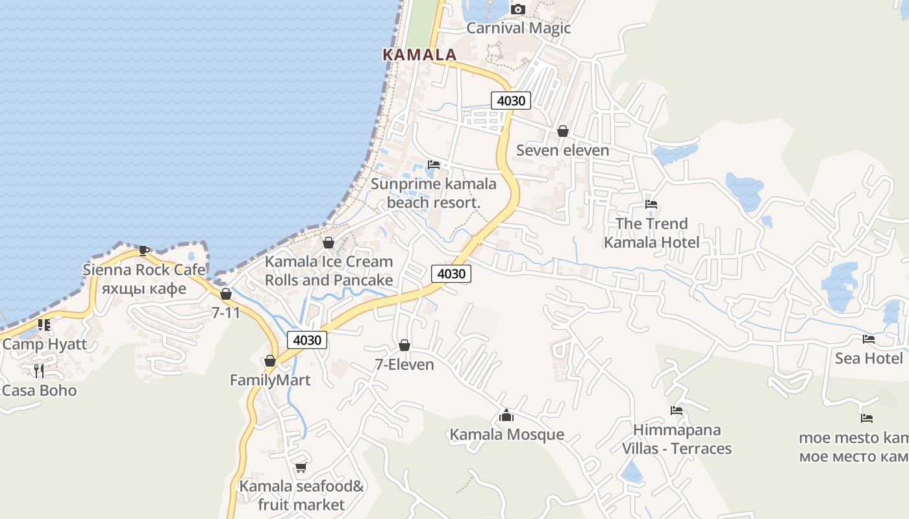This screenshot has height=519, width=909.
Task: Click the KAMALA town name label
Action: click(x=419, y=54)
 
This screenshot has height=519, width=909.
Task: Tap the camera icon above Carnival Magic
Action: click(x=517, y=9)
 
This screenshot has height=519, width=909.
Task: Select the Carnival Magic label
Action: click(x=518, y=28)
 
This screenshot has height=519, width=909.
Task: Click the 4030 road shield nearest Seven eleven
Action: click(x=510, y=101)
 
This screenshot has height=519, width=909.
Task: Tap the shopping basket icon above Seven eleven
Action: click(x=562, y=131)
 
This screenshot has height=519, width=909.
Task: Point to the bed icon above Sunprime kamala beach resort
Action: click(x=433, y=165)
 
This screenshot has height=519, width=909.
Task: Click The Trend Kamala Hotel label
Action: click(x=651, y=233)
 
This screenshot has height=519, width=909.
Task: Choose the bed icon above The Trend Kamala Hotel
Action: click(x=651, y=204)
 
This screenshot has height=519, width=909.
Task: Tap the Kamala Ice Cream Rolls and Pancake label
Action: click(x=329, y=271)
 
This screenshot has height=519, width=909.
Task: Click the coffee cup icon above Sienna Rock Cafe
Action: click(x=144, y=250)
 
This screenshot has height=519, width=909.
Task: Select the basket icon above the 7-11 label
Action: click(x=225, y=294)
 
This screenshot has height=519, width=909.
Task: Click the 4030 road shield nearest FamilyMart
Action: click(x=307, y=340)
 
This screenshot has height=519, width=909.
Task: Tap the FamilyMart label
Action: click(x=270, y=380)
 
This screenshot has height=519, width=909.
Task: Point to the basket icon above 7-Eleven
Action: click(x=404, y=345)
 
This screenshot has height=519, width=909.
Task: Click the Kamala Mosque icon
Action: click(x=506, y=415)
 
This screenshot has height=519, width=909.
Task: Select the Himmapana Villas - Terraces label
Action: click(x=677, y=439)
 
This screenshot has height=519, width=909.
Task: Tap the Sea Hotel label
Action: click(x=869, y=358)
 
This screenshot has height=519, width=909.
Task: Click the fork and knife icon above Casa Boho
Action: click(x=39, y=370)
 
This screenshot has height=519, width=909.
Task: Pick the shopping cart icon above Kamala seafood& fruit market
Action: click(x=301, y=467)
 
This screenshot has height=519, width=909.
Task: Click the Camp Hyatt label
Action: click(x=44, y=344)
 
